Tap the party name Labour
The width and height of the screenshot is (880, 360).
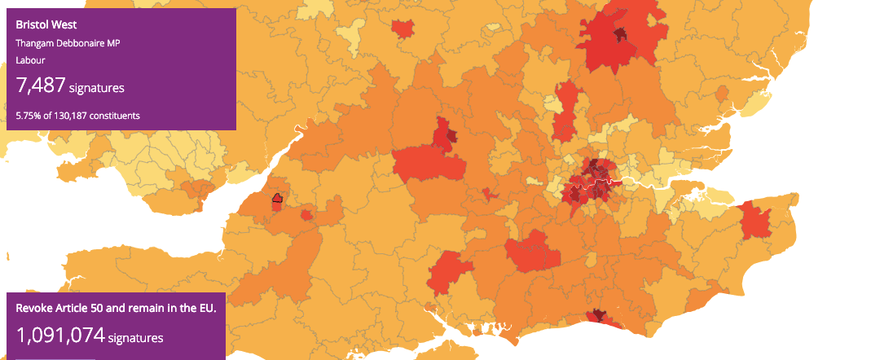tap(30, 60)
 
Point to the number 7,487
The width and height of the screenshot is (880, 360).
tap(40, 86)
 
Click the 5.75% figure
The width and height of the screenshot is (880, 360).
tap(29, 116)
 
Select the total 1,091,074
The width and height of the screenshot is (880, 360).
tap(60, 335)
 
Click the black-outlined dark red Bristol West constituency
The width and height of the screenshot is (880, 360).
tap(277, 198)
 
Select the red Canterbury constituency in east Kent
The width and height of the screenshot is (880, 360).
tap(755, 221)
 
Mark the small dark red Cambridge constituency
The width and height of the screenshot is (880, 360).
tap(621, 34)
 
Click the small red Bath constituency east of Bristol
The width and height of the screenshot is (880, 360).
tap(306, 215)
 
